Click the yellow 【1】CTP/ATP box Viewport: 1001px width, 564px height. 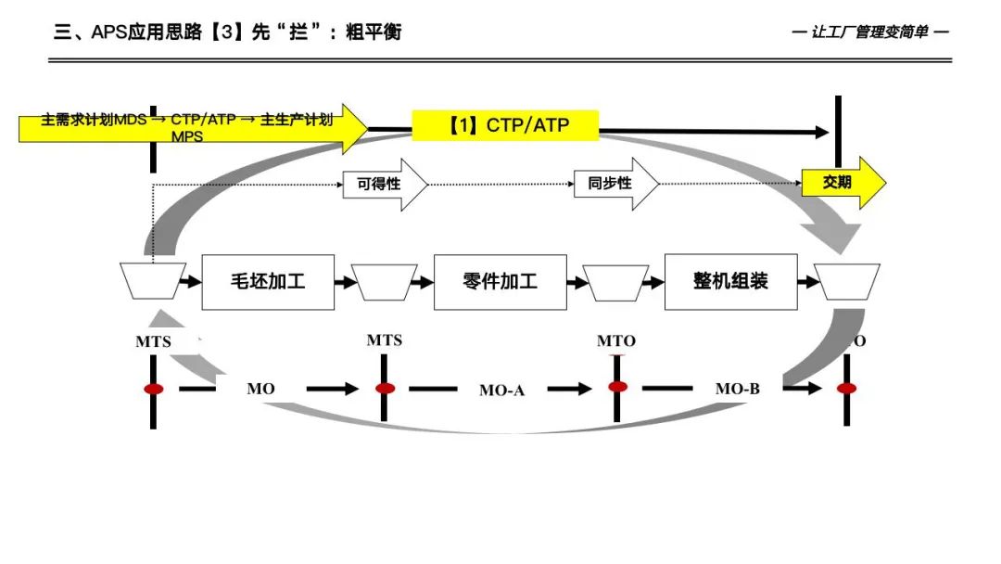(505, 125)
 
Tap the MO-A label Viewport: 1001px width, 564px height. (501, 391)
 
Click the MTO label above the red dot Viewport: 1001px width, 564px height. (616, 341)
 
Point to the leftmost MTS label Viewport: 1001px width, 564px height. (154, 341)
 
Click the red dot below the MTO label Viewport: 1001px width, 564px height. (617, 387)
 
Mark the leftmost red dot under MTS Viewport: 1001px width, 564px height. (154, 389)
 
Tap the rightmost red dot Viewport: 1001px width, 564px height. (846, 388)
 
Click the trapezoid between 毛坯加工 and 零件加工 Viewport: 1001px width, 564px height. (385, 282)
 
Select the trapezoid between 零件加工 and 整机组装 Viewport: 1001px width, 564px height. (615, 282)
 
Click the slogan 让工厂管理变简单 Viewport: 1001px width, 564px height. (870, 32)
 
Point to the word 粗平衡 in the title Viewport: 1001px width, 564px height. (374, 32)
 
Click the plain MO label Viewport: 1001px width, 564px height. (260, 389)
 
